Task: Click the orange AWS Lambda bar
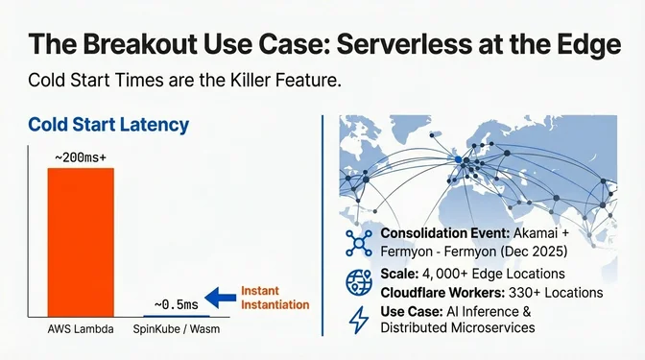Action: click(81, 240)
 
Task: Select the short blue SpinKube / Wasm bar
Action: click(170, 315)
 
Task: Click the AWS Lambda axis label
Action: click(80, 330)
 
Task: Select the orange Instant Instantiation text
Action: click(275, 297)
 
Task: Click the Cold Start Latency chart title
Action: click(108, 125)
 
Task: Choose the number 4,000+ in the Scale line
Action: click(446, 275)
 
